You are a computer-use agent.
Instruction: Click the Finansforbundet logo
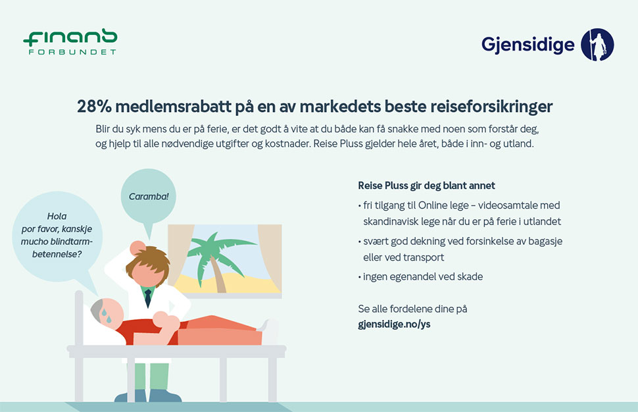[70, 41]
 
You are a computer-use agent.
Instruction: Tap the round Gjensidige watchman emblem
[597, 44]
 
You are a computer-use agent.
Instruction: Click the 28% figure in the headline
[94, 107]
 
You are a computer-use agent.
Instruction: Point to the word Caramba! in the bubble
[149, 196]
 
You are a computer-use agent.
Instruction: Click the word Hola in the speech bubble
[57, 216]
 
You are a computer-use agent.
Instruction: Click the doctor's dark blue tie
[148, 298]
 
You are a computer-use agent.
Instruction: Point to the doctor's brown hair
[148, 262]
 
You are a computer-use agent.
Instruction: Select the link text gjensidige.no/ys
[394, 324]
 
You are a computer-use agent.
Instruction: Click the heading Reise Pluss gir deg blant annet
[426, 186]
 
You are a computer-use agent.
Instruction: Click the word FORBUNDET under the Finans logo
[72, 52]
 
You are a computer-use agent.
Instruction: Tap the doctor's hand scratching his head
[137, 247]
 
